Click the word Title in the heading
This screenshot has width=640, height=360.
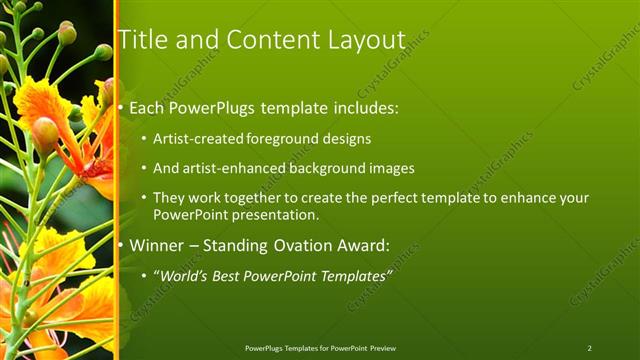click(143, 40)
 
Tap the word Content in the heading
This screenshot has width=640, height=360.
click(271, 40)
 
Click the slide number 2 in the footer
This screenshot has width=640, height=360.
click(589, 348)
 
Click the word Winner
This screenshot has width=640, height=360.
click(158, 243)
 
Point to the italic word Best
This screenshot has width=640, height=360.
click(233, 275)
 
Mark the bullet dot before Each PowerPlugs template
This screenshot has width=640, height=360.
click(121, 105)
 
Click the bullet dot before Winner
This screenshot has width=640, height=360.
click(121, 244)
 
